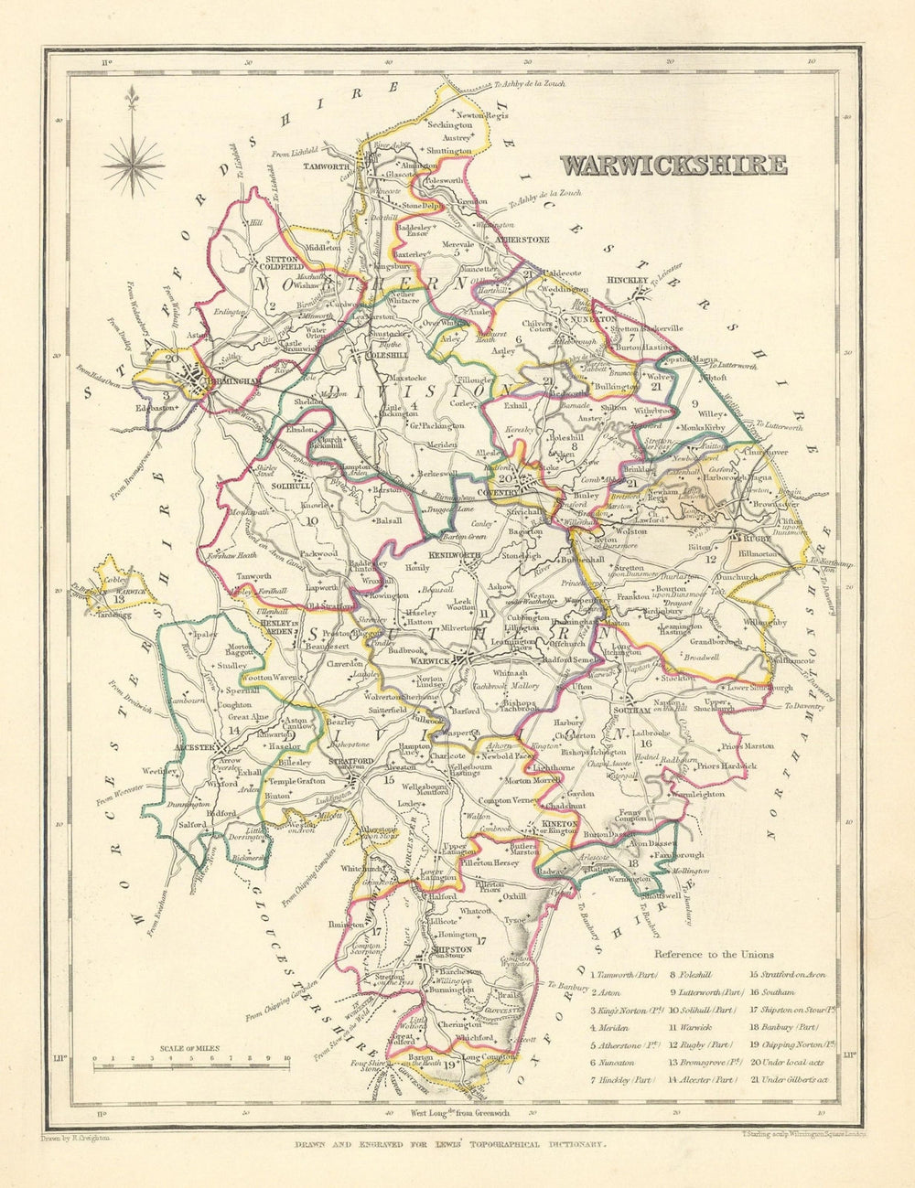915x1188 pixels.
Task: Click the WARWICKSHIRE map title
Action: coord(673,165)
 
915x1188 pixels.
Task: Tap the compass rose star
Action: coord(133,166)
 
